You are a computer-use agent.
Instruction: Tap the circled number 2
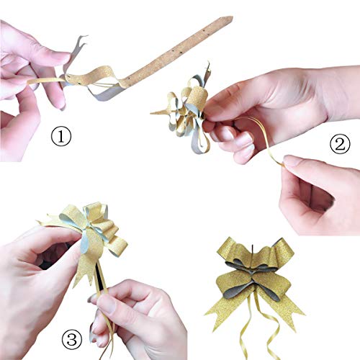(339, 145)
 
